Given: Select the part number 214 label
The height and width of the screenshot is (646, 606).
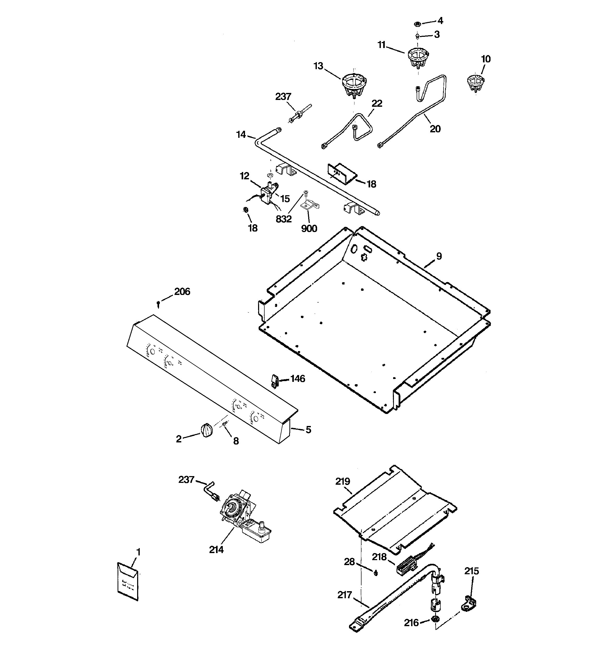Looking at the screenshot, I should pos(216,549).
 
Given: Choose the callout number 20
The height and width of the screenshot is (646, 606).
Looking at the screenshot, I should pos(435,129).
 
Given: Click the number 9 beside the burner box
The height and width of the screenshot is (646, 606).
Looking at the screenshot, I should pos(439,256).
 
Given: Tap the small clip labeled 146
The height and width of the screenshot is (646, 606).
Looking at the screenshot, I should pos(275,381).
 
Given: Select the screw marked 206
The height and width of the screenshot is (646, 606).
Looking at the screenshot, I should pos(158,304).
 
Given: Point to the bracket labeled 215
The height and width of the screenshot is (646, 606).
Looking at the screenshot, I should pos(468,603).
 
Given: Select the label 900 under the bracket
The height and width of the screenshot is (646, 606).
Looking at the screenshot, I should pos(309,229).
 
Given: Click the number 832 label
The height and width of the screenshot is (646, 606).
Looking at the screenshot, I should pos(284,219).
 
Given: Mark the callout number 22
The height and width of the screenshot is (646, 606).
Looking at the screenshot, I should pos(377,103).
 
